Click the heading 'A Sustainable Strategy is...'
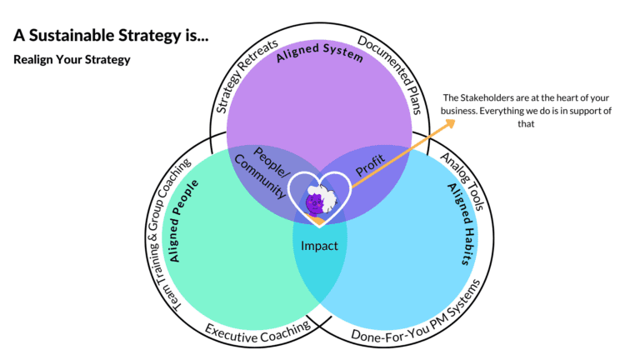pos(111,36)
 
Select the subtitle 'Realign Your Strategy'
pos(72,60)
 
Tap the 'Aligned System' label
pos(320,52)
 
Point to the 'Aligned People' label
pos(183,221)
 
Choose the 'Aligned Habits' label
pos(462,223)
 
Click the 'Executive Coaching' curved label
pos(258,332)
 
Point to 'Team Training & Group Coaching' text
pos(167,235)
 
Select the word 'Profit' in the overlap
pos(370,165)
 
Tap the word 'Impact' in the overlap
pos(319,246)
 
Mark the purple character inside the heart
pos(315,203)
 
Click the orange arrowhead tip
pos(455,120)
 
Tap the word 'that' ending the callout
pos(526,123)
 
